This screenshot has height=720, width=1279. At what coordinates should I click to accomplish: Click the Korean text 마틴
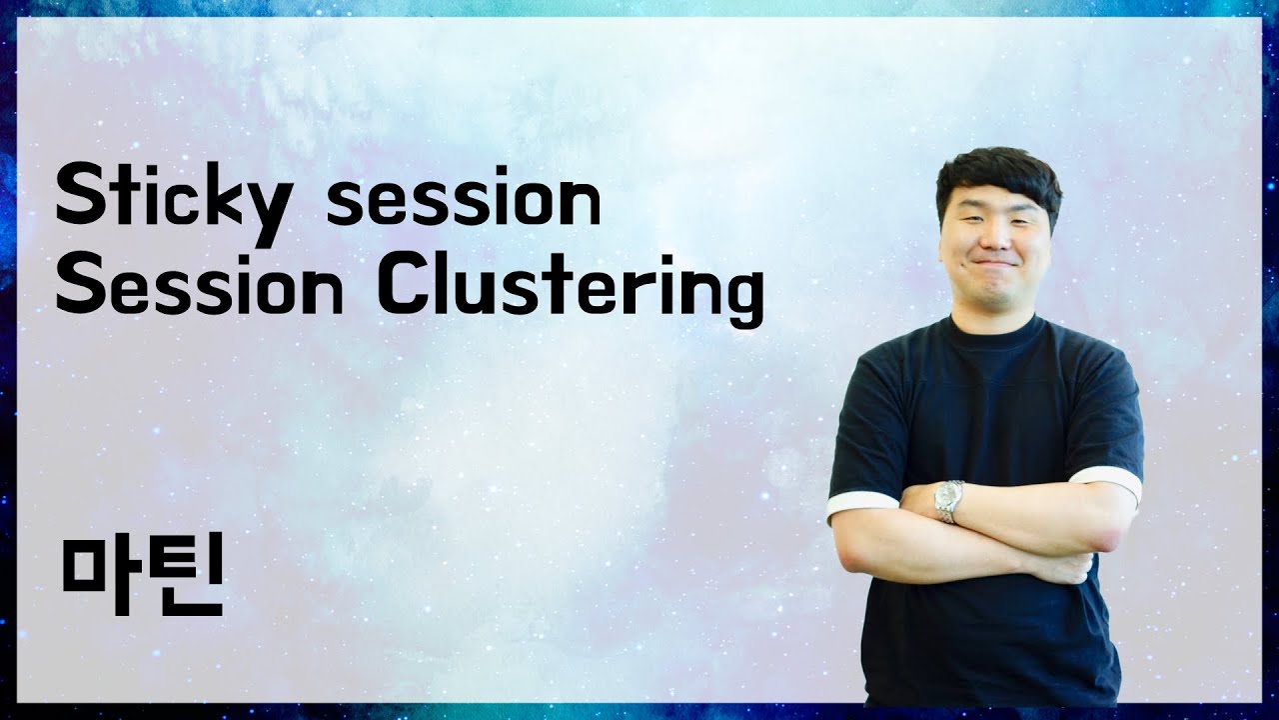(x=141, y=578)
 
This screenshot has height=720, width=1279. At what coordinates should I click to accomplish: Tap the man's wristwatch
(x=948, y=500)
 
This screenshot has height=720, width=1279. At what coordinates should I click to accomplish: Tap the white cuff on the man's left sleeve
(x=1107, y=482)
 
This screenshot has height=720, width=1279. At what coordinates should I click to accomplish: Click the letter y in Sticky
(x=269, y=211)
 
